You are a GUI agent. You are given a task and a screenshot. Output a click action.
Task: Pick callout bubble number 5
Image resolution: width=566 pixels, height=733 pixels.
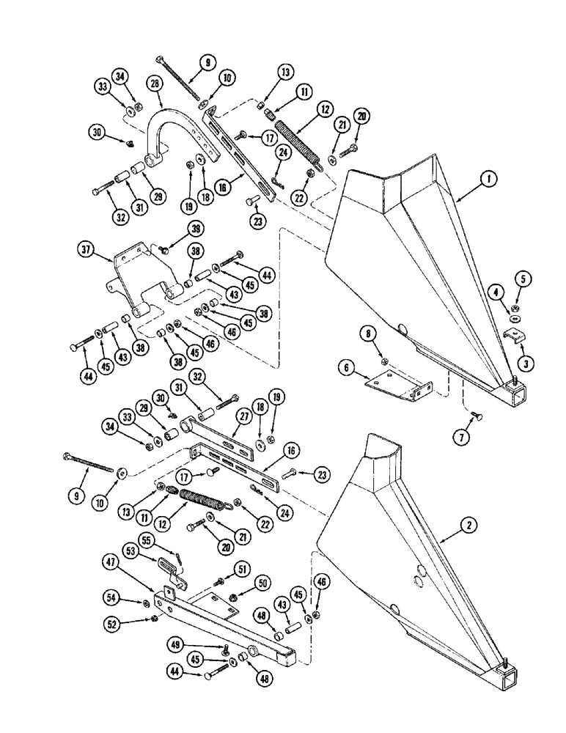point(521,279)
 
